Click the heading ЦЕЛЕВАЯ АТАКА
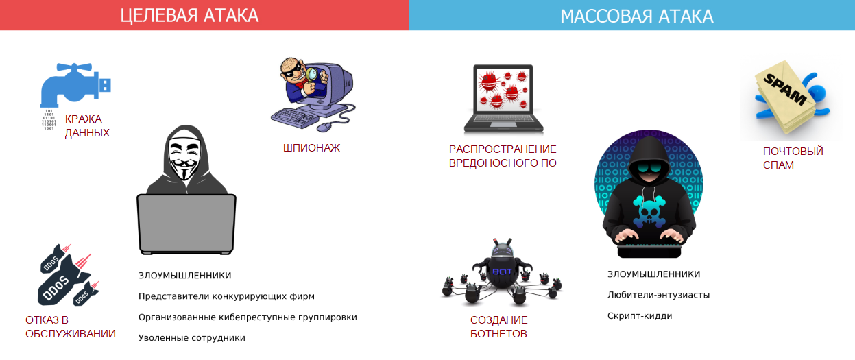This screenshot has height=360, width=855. pyautogui.click(x=189, y=16)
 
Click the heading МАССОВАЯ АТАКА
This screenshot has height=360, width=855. pyautogui.click(x=637, y=16)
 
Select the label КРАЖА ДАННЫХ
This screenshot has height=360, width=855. pyautogui.click(x=87, y=126)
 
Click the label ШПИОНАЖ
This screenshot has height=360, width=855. pyautogui.click(x=311, y=148)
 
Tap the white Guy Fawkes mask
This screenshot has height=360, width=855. pyautogui.click(x=184, y=156)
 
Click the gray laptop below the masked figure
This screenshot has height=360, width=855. pyautogui.click(x=186, y=224)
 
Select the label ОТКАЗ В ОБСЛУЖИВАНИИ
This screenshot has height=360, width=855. pyautogui.click(x=70, y=327)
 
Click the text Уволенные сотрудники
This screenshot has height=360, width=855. pyautogui.click(x=191, y=338)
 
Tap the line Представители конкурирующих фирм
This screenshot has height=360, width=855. pyautogui.click(x=226, y=296)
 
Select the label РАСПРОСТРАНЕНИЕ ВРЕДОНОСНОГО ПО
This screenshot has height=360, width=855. pyautogui.click(x=503, y=156)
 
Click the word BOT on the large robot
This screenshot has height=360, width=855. pyautogui.click(x=502, y=272)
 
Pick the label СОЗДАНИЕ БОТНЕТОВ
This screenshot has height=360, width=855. pyautogui.click(x=499, y=327)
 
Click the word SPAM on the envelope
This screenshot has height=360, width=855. pyautogui.click(x=784, y=90)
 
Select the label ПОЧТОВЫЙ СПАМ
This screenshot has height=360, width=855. pyautogui.click(x=793, y=158)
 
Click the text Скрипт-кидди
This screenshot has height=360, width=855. pyautogui.click(x=640, y=316)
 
